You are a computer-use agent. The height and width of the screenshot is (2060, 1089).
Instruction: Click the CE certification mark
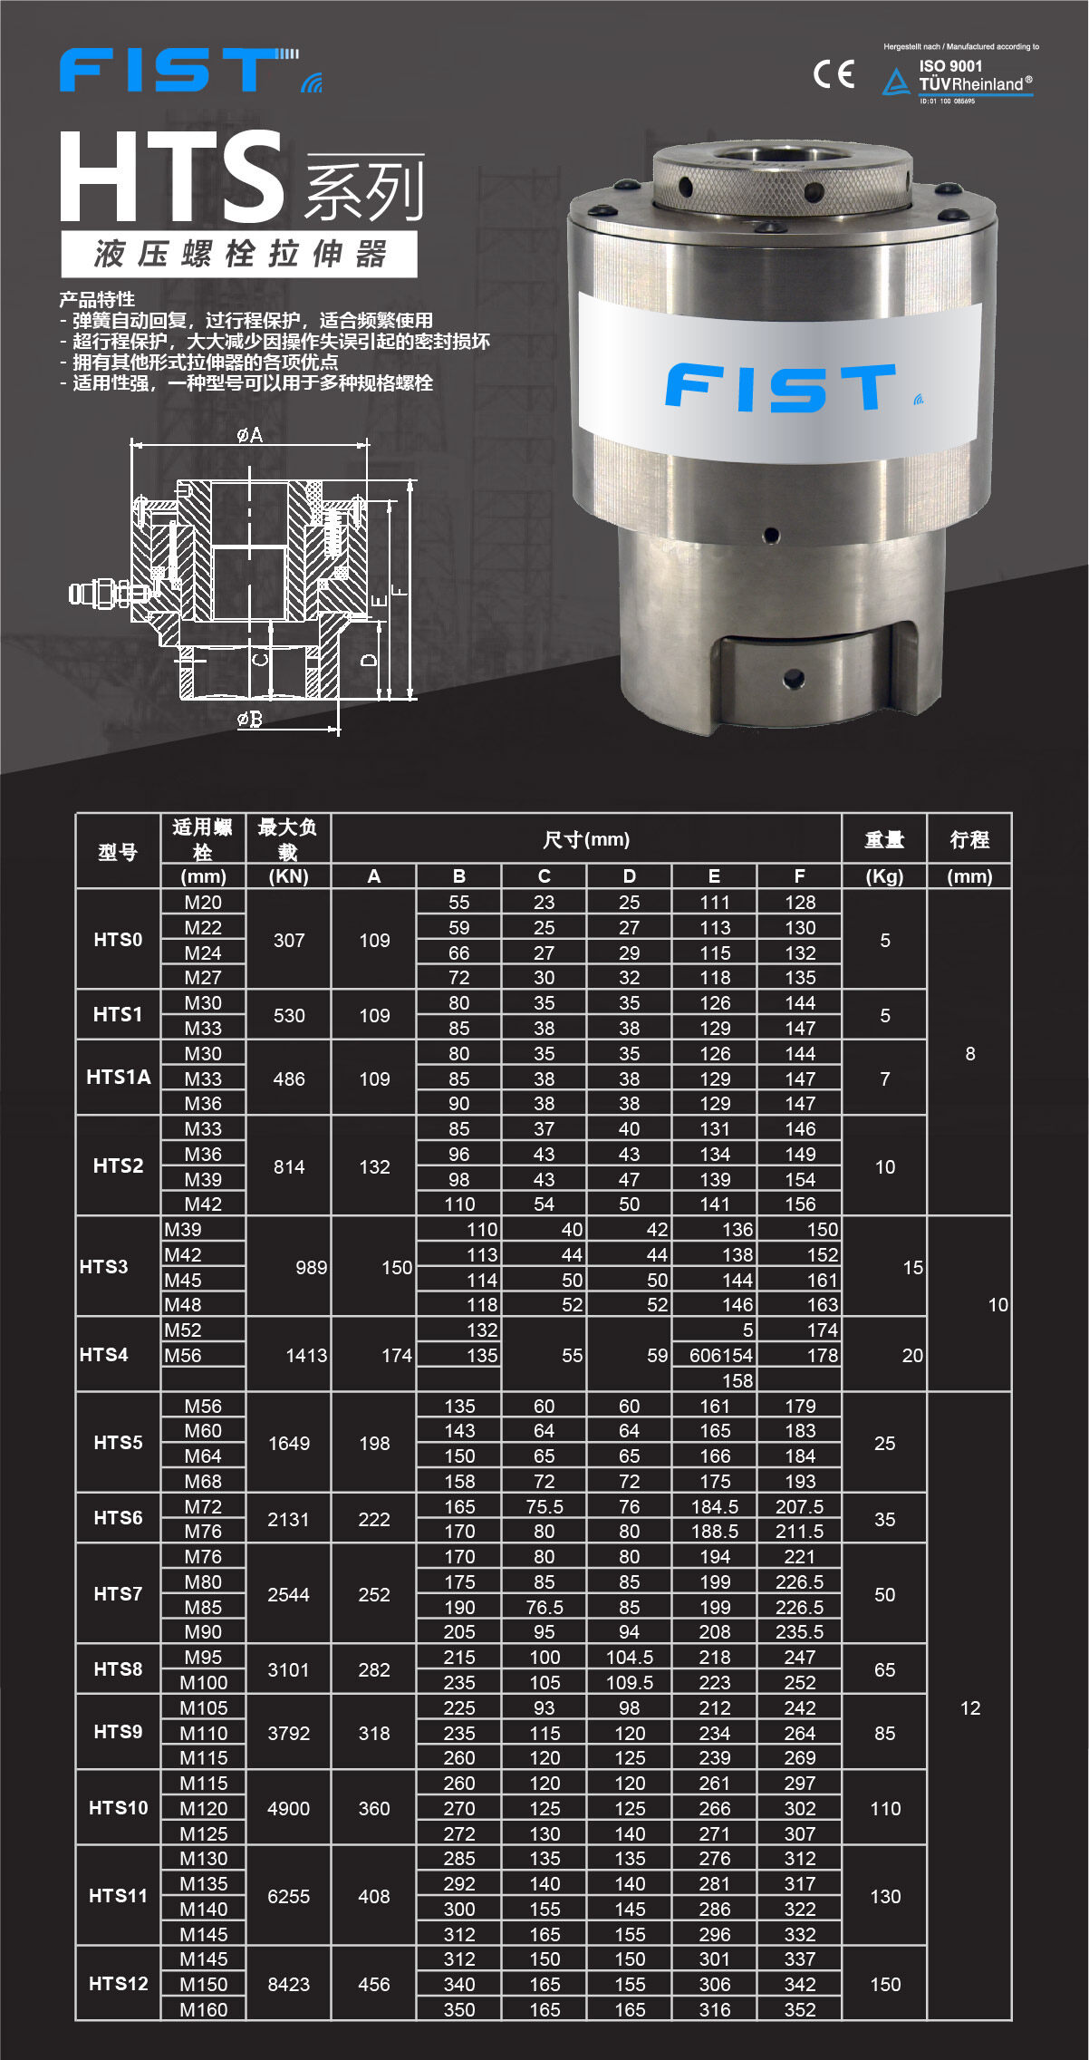[834, 73]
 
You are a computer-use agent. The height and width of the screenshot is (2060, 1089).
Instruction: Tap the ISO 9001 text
[950, 66]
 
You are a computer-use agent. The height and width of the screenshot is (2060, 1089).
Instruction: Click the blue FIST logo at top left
[190, 70]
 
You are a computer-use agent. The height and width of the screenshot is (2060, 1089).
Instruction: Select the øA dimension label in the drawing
[250, 435]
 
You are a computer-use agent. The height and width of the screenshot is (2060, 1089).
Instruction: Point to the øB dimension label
[250, 719]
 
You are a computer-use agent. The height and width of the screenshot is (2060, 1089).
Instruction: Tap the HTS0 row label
[118, 940]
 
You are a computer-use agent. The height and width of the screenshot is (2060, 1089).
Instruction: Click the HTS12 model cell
[118, 1984]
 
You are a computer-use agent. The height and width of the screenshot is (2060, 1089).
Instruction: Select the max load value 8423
[289, 1984]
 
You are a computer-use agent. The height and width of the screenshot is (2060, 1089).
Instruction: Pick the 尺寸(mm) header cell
[586, 839]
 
